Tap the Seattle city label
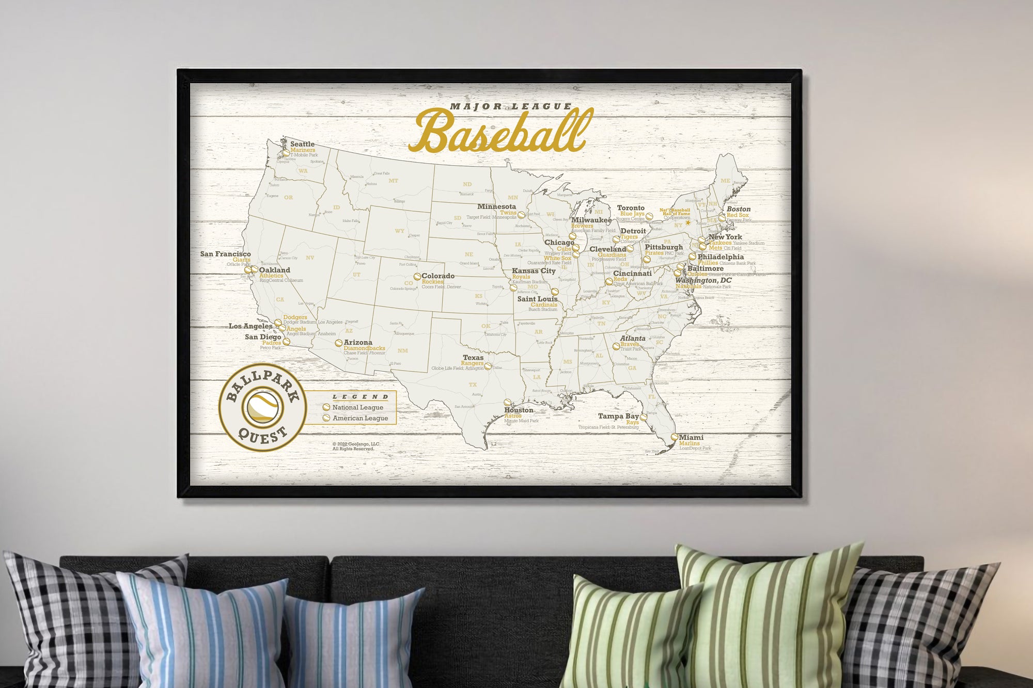click(302, 144)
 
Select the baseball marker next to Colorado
click(417, 277)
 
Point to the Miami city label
click(691, 437)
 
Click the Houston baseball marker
click(507, 403)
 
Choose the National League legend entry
click(357, 407)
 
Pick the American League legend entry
click(360, 418)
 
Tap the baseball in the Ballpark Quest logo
click(263, 407)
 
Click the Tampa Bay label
click(618, 416)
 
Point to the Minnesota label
click(496, 206)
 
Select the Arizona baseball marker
click(338, 343)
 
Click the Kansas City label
click(534, 270)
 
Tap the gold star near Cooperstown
click(688, 223)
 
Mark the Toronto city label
click(631, 207)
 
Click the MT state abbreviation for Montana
click(393, 181)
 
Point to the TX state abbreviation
click(473, 385)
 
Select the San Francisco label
click(225, 254)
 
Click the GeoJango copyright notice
click(356, 446)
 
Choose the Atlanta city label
click(633, 339)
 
